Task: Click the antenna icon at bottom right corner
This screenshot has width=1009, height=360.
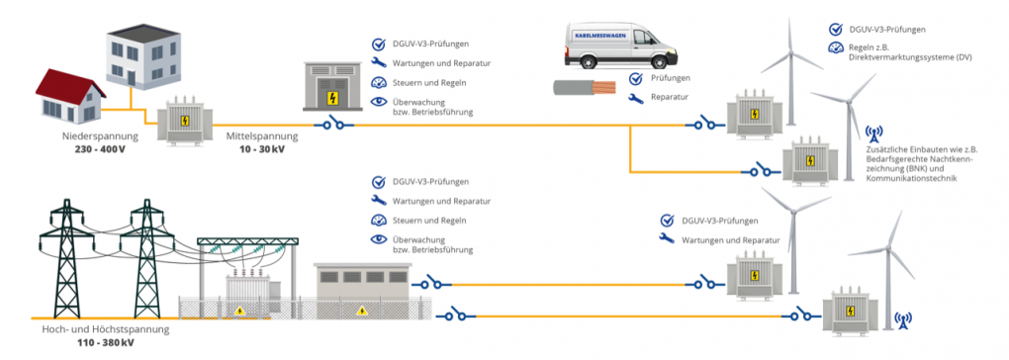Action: coord(902,319)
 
